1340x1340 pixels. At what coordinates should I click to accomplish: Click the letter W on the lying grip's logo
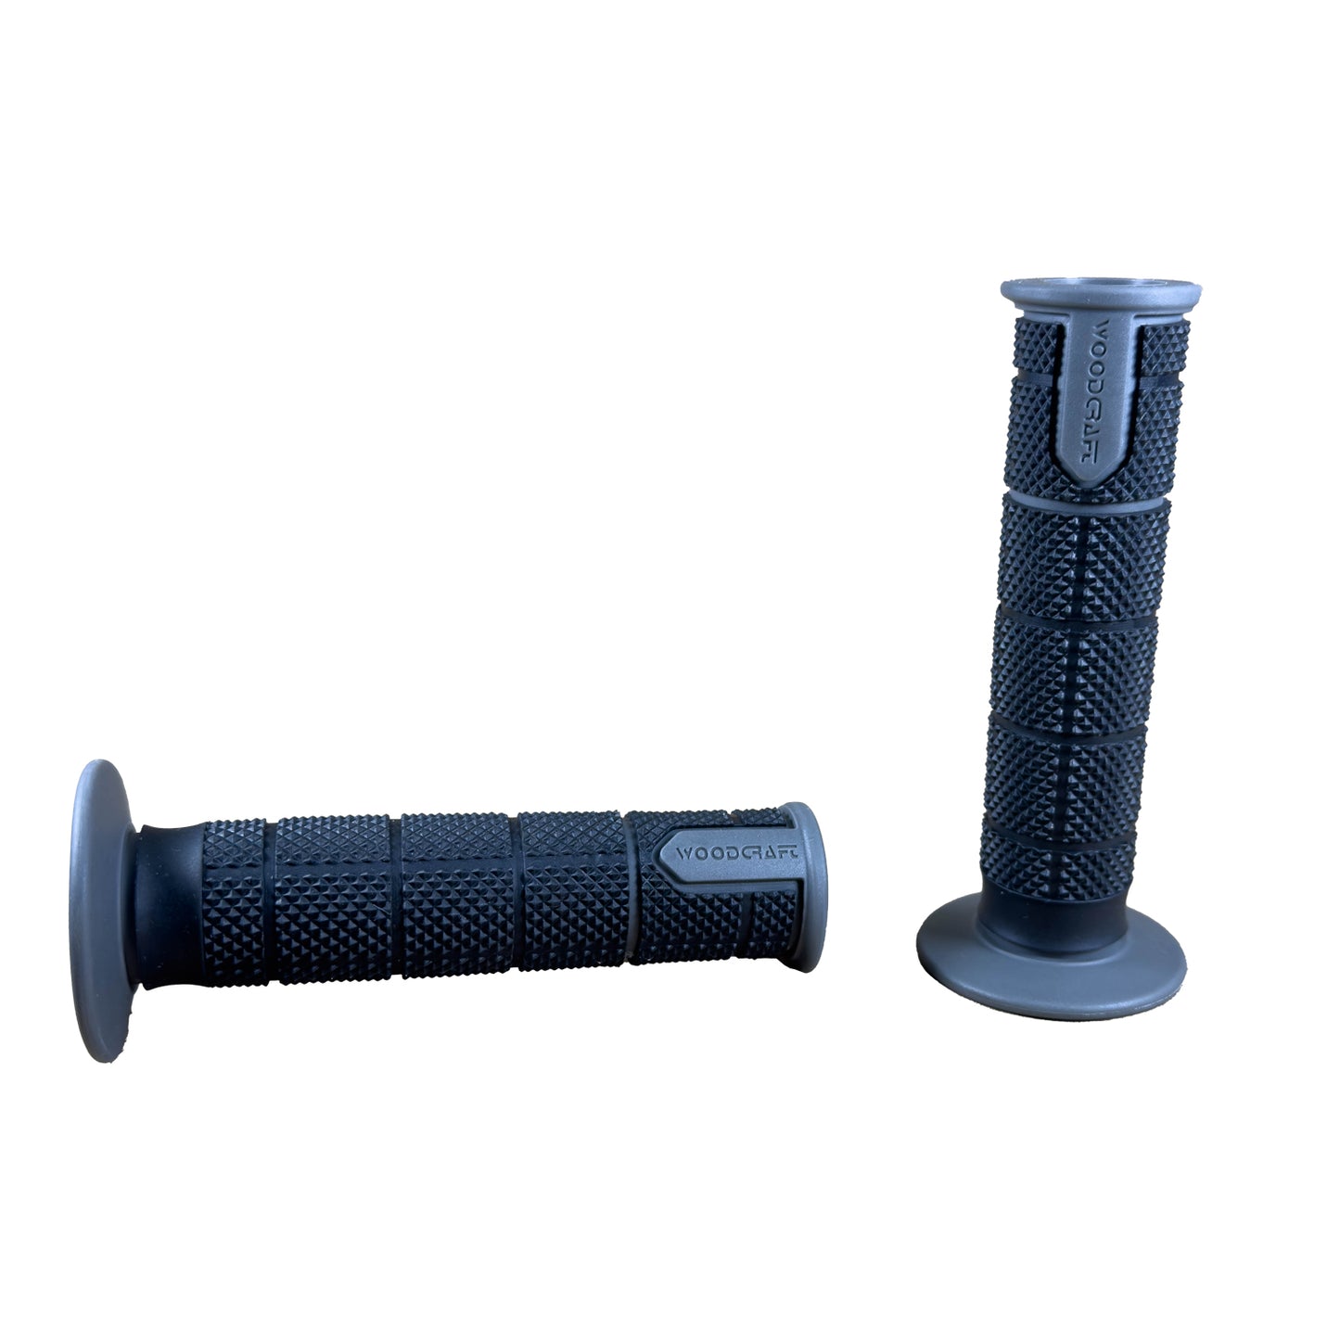683,852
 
